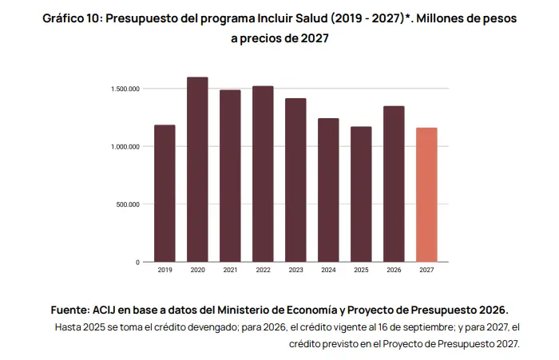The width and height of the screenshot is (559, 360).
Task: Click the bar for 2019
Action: (x=165, y=193)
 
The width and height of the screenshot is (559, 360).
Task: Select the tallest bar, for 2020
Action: (x=197, y=170)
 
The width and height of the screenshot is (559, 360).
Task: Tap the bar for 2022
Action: (x=263, y=174)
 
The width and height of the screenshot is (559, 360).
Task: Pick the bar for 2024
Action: (x=328, y=190)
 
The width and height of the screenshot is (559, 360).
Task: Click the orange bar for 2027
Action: (x=426, y=195)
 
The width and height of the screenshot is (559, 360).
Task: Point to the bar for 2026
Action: (x=394, y=184)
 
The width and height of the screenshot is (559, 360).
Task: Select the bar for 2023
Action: (x=295, y=180)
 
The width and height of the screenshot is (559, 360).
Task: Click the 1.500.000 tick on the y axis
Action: (x=125, y=89)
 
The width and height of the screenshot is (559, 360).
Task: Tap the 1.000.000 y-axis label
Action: (x=125, y=147)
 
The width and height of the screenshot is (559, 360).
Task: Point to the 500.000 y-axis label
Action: (x=128, y=204)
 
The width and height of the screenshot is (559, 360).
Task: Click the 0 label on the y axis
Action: (x=137, y=263)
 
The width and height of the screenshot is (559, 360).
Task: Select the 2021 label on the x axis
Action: (x=230, y=270)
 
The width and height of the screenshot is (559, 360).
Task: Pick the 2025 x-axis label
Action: (x=361, y=270)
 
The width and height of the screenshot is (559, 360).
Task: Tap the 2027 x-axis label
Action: (x=426, y=270)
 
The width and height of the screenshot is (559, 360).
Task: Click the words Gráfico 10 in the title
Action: (x=73, y=18)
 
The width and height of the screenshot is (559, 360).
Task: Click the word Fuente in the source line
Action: (x=70, y=310)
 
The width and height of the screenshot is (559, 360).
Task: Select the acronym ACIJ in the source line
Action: (x=104, y=310)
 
